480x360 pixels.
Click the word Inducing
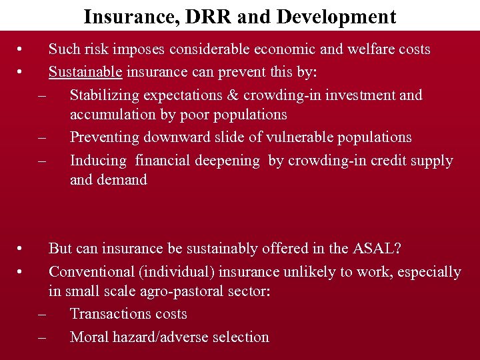pyautogui.click(x=98, y=160)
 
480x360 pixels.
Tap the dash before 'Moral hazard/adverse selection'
pyautogui.click(x=43, y=337)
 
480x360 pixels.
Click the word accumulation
pyautogui.click(x=111, y=115)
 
